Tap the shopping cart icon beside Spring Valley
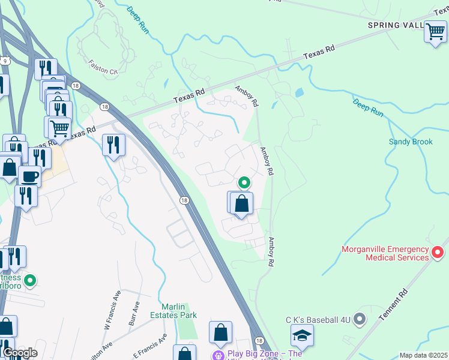pos(435,32)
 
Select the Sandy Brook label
pos(411,142)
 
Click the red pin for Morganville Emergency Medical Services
pos(438,254)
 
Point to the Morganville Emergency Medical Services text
pos(385,253)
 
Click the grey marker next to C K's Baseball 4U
pos(360,319)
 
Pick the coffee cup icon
pos(29,177)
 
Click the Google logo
pos(20,353)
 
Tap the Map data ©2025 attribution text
pos(423,355)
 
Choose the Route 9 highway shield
pos(5,61)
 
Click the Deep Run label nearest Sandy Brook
pos(368,107)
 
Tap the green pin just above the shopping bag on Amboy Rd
pos(244,182)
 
